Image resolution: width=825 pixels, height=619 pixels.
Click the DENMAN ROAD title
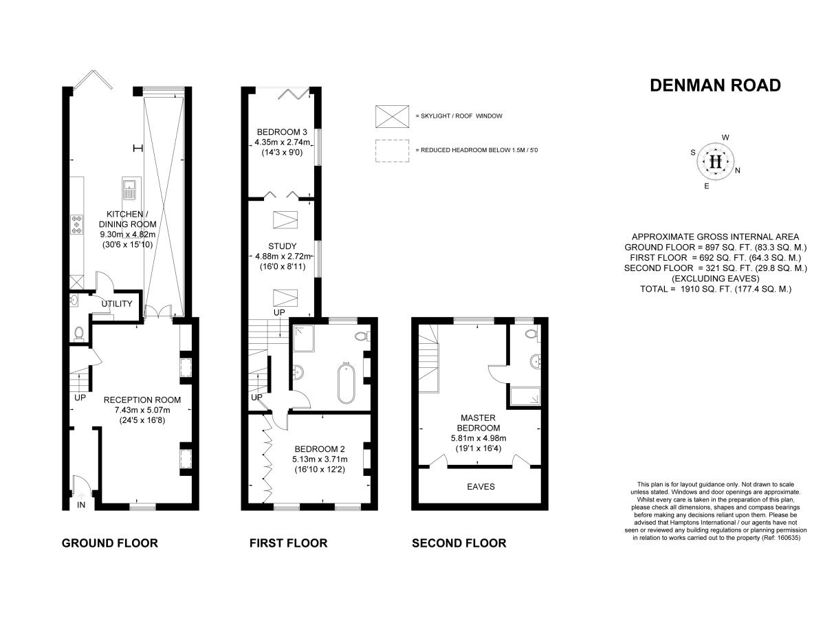(x=715, y=85)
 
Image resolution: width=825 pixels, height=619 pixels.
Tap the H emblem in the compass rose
(x=716, y=162)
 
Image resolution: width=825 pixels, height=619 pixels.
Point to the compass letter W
(x=725, y=137)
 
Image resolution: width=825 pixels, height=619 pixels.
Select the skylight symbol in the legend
(x=390, y=116)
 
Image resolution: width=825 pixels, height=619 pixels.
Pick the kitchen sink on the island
(x=129, y=186)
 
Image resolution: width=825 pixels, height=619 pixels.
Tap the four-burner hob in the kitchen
(x=77, y=224)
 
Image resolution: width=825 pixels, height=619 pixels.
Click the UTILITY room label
(x=116, y=303)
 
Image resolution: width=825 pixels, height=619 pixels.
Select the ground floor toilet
(x=79, y=334)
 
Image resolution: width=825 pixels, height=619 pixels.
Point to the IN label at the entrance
(x=81, y=506)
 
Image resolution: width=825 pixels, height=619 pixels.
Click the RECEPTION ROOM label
(x=142, y=400)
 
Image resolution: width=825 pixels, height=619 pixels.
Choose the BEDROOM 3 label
(x=282, y=132)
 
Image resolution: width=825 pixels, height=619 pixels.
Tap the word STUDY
(x=282, y=246)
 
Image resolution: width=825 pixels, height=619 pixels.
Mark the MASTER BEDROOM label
(x=476, y=422)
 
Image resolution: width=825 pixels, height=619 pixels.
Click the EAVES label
(x=481, y=486)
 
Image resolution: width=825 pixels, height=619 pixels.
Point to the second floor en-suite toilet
(x=530, y=335)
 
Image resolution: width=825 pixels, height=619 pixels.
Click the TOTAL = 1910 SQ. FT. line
(x=715, y=290)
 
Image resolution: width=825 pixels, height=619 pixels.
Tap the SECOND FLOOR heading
(x=459, y=543)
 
